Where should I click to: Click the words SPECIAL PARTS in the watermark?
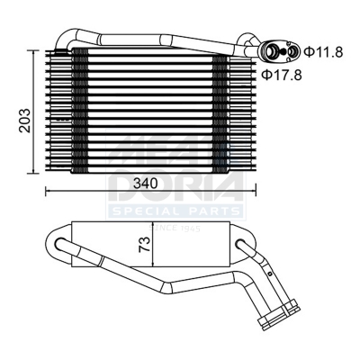coord(175,210)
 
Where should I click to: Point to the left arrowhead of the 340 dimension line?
coord(48,190)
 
